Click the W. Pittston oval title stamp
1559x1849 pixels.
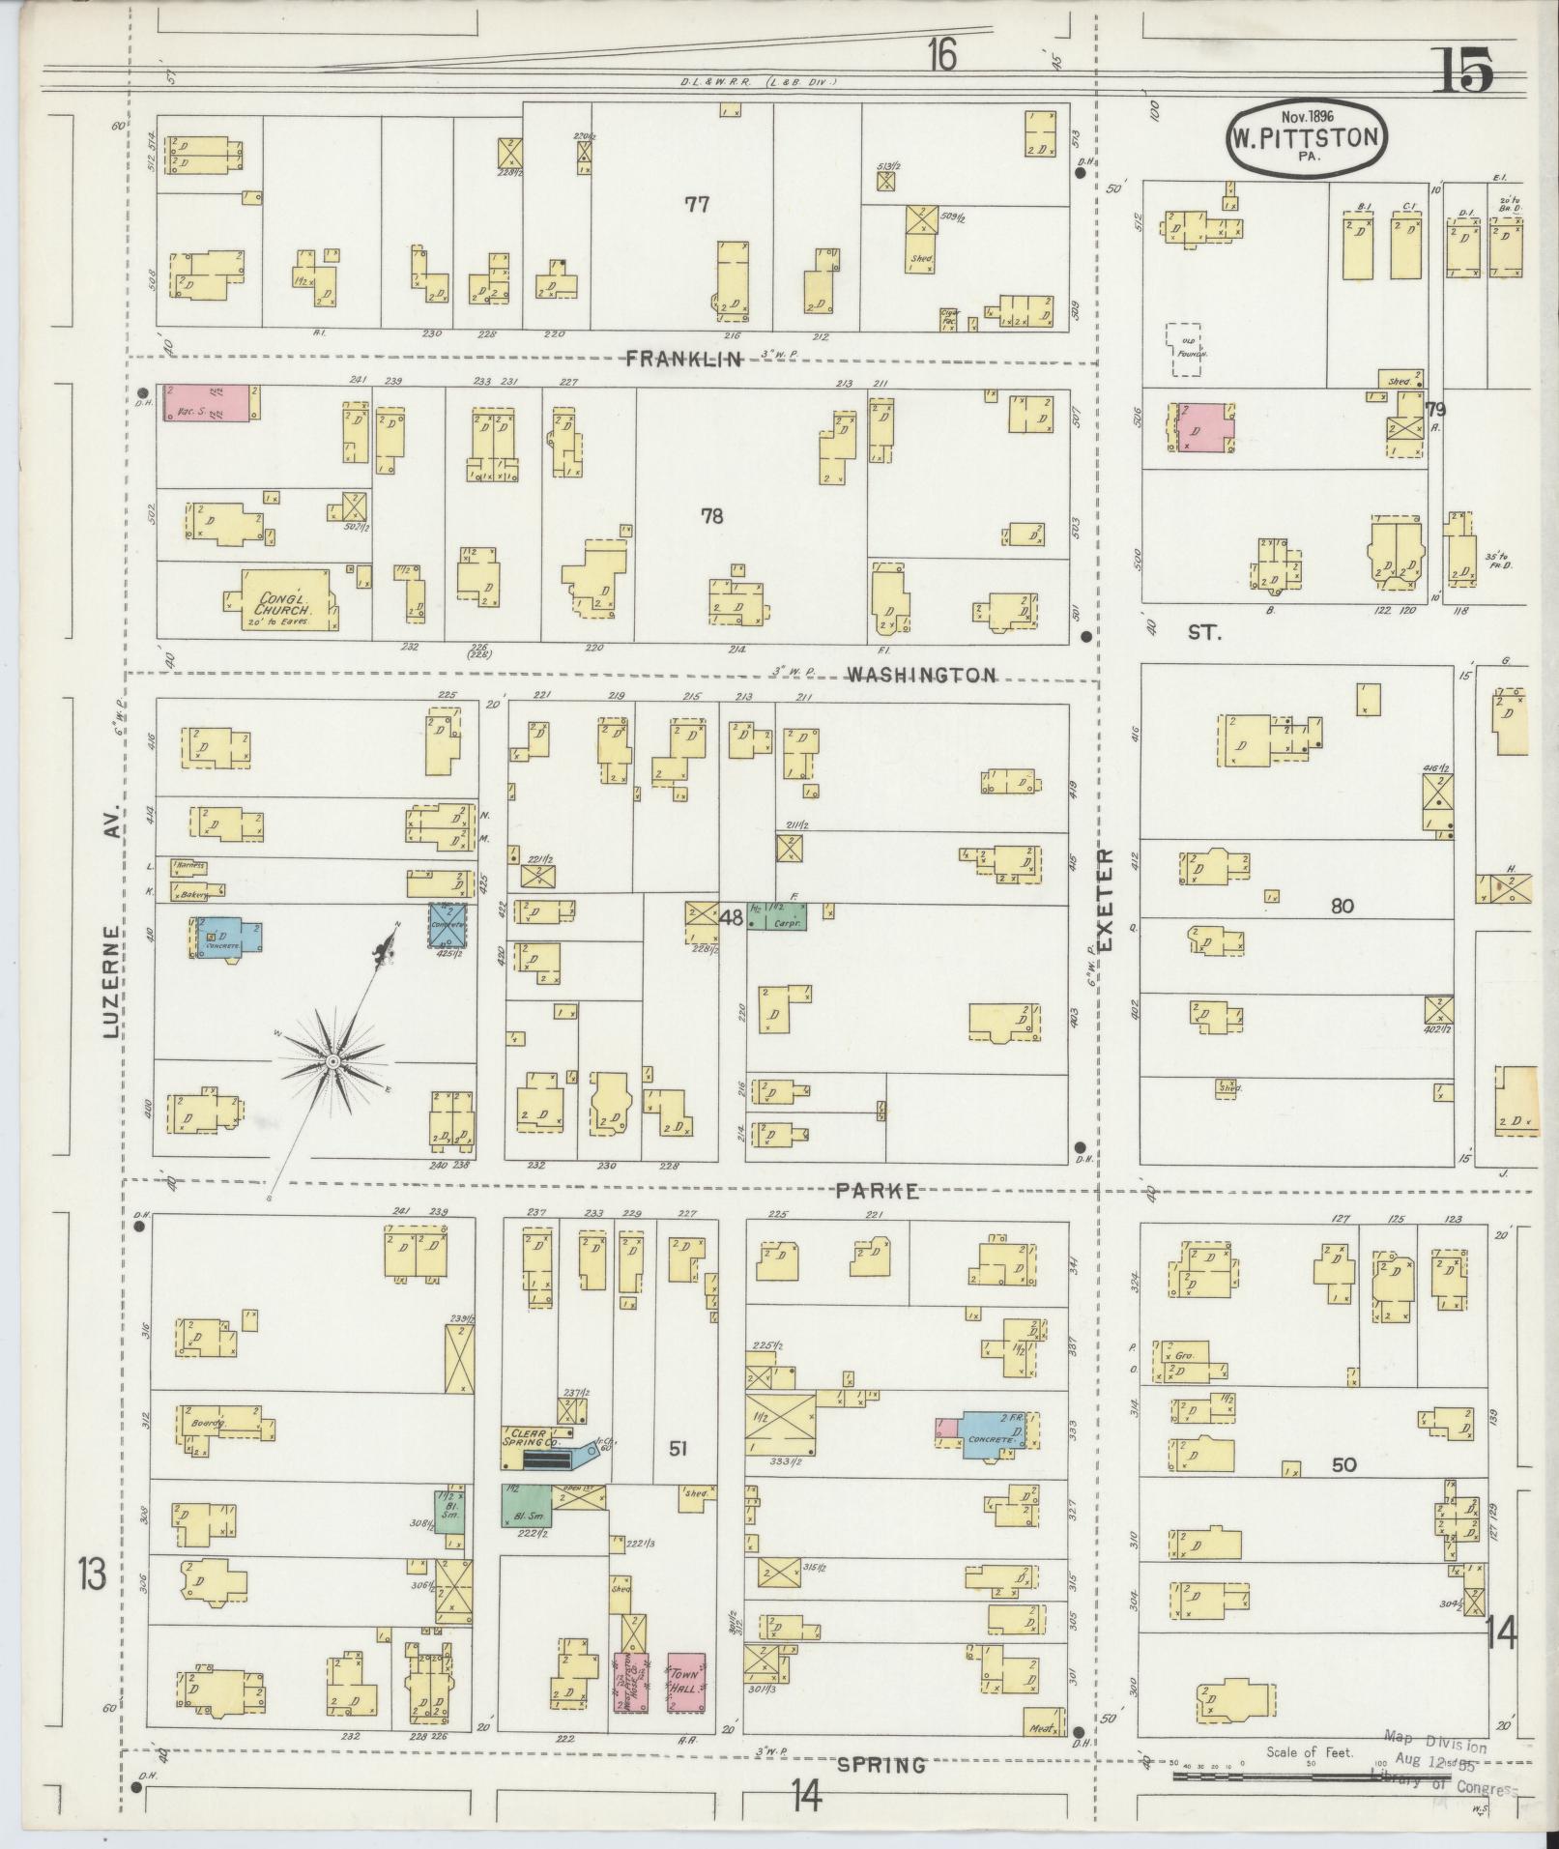pos(1306,137)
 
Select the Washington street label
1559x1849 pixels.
pos(921,675)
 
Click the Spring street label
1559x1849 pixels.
pos(881,1765)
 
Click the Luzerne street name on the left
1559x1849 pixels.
pos(111,981)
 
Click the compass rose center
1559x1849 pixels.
pos(332,1061)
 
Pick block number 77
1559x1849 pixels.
pos(697,204)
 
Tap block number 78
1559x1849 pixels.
pos(712,516)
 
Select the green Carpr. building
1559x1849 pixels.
pos(778,916)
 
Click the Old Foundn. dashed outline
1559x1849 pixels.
pos(1187,349)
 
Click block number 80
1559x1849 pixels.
pos(1342,906)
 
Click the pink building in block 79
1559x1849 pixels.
pos(1203,426)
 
